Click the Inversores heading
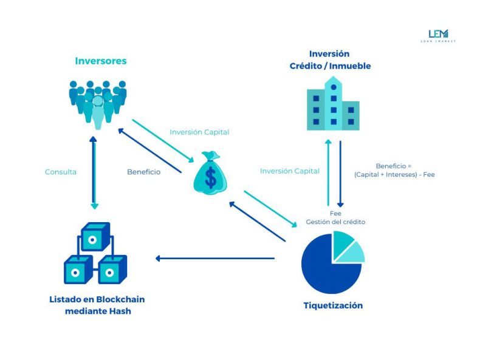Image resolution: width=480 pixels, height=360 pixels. coord(100,61)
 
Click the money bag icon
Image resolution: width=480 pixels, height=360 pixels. coord(210,173)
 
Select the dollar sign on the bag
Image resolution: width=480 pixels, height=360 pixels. coord(210,177)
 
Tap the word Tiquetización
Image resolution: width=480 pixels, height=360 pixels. coord(333,305)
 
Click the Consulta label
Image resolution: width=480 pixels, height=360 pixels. coord(61,172)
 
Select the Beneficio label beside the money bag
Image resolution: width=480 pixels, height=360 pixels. coord(143,172)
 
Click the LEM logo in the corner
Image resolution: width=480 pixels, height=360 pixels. coord(437,35)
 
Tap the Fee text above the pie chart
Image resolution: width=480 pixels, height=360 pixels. coord(335,214)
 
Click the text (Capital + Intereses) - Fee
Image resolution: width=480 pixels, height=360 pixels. coord(394,174)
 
